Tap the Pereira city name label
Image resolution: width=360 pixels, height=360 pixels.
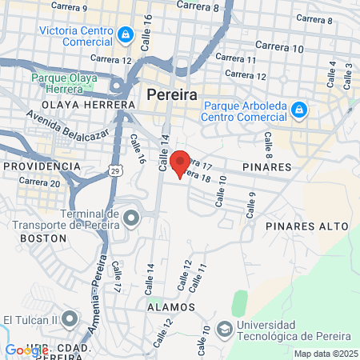click(172, 94)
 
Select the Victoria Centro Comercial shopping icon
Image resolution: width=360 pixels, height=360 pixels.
click(126, 35)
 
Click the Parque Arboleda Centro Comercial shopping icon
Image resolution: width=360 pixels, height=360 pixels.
click(298, 109)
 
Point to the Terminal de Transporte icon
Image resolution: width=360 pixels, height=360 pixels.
click(129, 215)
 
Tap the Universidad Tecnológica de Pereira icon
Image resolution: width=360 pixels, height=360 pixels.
click(226, 328)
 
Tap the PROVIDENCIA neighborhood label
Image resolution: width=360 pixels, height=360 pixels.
click(42, 166)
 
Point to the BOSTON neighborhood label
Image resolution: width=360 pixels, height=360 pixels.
click(38, 238)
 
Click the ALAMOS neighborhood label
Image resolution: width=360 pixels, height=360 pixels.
click(170, 306)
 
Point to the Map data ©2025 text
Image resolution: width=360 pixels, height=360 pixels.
click(326, 354)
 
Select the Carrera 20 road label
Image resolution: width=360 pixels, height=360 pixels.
click(38, 182)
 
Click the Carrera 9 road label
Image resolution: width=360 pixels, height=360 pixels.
click(68, 8)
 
